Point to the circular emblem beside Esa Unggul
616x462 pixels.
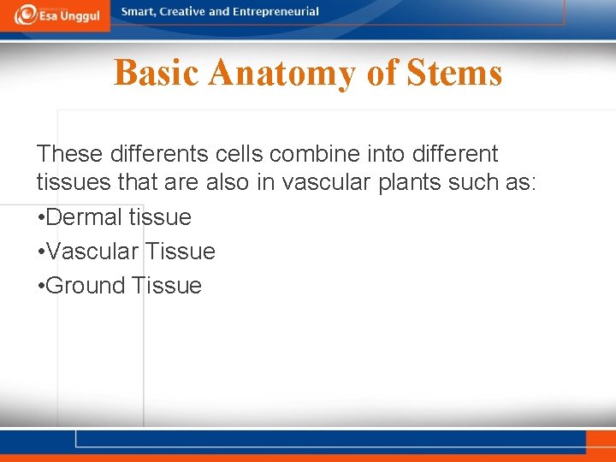click(26, 15)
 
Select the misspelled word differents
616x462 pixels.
click(160, 154)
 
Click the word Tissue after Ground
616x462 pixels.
click(167, 286)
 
